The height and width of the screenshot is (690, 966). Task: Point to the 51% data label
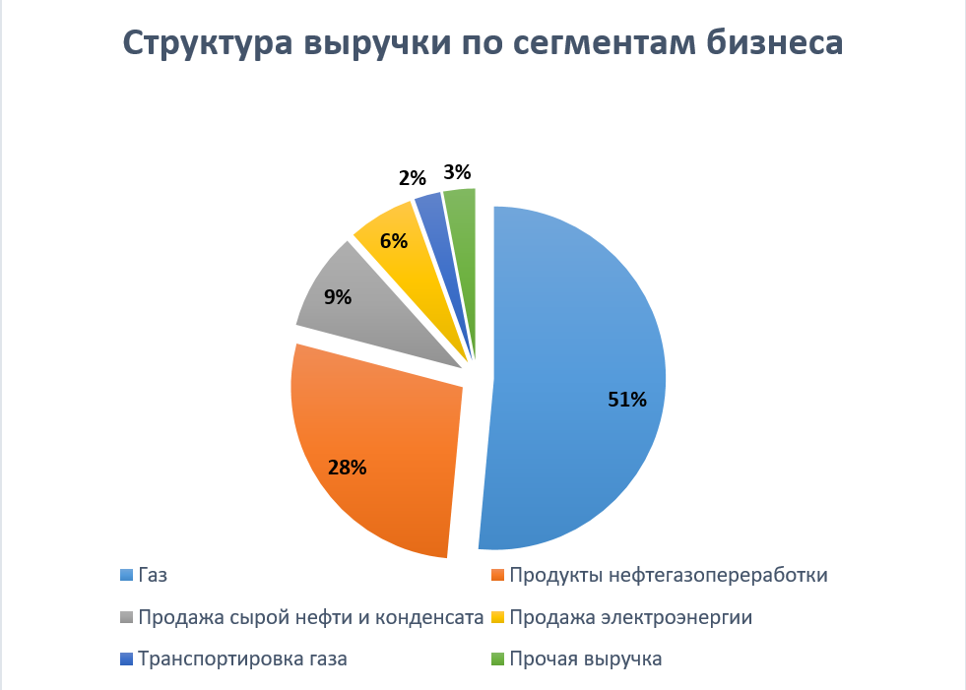pos(627,400)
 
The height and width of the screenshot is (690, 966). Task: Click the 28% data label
pos(348,468)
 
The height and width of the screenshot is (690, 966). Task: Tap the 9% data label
pos(338,295)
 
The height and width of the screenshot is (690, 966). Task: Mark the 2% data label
pos(413,178)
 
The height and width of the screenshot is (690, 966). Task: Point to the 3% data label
pos(457,173)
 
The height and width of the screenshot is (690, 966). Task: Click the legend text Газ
pos(154,576)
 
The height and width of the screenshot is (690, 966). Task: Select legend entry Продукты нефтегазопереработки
pos(668,575)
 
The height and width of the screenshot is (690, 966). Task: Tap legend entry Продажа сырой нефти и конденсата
pos(311,617)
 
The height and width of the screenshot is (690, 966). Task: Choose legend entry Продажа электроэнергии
pos(630,617)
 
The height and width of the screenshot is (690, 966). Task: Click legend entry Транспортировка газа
pos(242,659)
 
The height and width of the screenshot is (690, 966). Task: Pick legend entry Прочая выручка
pos(585,659)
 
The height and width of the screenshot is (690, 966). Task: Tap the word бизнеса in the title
pos(769,45)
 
